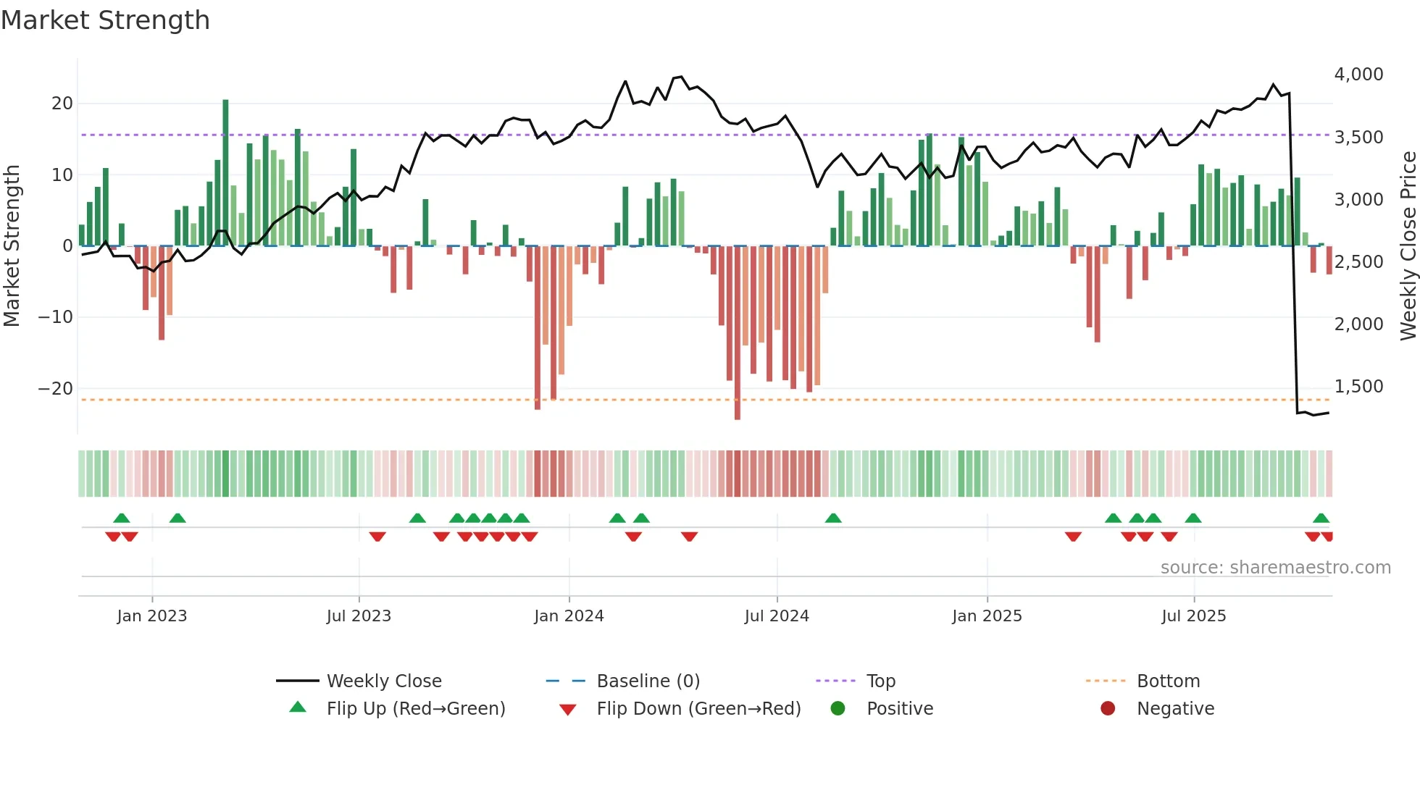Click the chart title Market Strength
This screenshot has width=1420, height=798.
105,20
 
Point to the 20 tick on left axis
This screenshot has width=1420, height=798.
62,104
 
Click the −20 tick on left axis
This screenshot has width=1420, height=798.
57,389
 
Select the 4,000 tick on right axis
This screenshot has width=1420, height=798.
1358,75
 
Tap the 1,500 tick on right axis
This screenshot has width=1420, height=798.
1358,387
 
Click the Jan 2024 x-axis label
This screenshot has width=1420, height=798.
569,616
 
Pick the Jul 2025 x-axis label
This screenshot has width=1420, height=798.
1193,616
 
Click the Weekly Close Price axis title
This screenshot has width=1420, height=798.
1408,246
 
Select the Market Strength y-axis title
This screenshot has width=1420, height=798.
12,246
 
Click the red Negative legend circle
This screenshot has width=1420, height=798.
1108,709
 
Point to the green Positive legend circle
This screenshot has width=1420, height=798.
838,709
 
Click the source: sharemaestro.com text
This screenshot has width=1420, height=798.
1275,568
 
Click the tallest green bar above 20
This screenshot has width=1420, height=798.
225,174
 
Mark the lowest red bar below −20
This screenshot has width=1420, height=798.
738,333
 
